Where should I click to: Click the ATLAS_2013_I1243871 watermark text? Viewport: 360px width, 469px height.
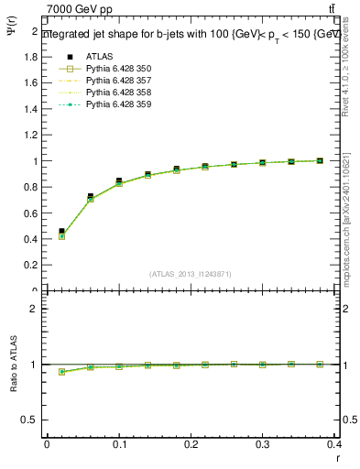click(x=191, y=274)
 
